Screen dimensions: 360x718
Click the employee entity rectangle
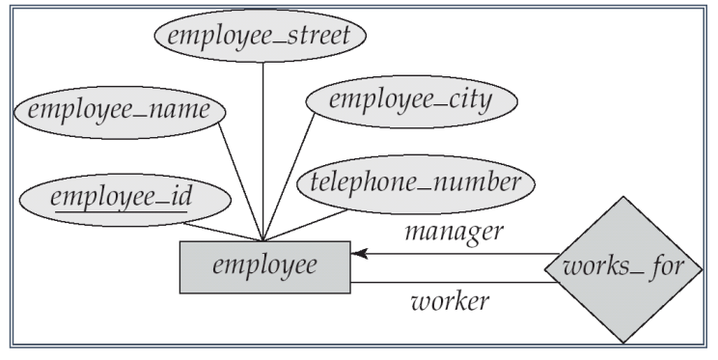tap(264, 265)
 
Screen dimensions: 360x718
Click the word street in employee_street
tap(318, 38)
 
